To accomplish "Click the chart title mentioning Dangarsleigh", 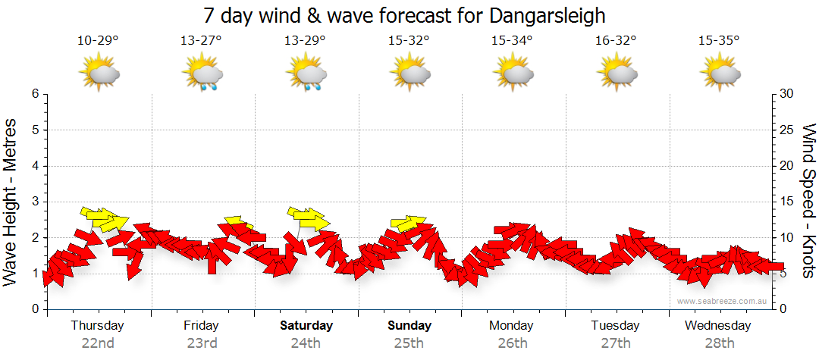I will tap(404, 15).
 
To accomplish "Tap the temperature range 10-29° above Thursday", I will tap(98, 41).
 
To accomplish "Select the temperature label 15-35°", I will tap(718, 41).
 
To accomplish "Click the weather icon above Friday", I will tap(202, 74).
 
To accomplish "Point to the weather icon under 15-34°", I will tap(512, 73).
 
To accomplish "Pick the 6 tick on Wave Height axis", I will tap(35, 94).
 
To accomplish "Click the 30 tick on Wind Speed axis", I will tap(786, 94).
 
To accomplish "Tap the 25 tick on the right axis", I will tap(786, 130).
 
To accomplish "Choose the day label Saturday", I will tap(306, 326).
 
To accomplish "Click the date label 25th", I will tap(409, 343).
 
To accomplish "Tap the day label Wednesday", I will tap(717, 326).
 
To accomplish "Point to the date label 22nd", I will tap(98, 343).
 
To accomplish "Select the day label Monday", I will tap(512, 326).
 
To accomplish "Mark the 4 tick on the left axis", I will tap(35, 166).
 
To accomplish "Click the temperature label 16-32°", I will tap(615, 41).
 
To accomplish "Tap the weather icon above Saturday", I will tap(306, 74).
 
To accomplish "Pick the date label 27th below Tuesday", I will tap(615, 343).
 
